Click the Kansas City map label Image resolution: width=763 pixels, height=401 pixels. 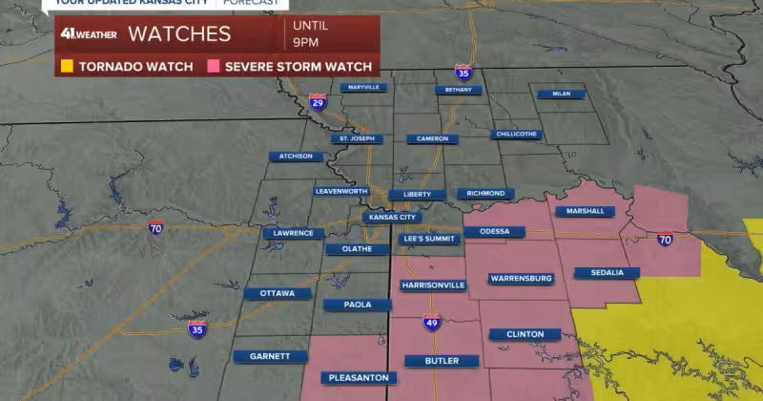(x=392, y=217)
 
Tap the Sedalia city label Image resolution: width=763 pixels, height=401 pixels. (x=607, y=272)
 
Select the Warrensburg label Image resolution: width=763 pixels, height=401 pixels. (x=521, y=279)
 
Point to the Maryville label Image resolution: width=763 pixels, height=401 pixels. (x=363, y=87)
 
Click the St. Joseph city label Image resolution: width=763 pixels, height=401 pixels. (x=357, y=138)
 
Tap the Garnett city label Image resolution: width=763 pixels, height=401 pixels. (x=270, y=356)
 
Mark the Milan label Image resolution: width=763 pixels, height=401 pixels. (x=561, y=94)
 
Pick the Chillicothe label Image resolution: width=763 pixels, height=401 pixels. (x=517, y=134)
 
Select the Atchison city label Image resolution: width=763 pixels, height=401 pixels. (x=296, y=157)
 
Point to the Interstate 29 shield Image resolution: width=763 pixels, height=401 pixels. (x=318, y=101)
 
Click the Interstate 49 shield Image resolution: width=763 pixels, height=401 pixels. (x=431, y=322)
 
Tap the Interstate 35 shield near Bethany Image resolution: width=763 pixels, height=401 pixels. (x=463, y=73)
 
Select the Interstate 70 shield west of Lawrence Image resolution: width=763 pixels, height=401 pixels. (x=155, y=227)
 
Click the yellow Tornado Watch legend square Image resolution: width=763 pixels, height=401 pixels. (x=67, y=67)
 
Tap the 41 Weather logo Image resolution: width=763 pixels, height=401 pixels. (x=89, y=34)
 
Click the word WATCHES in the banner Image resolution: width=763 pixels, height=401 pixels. (x=179, y=34)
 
